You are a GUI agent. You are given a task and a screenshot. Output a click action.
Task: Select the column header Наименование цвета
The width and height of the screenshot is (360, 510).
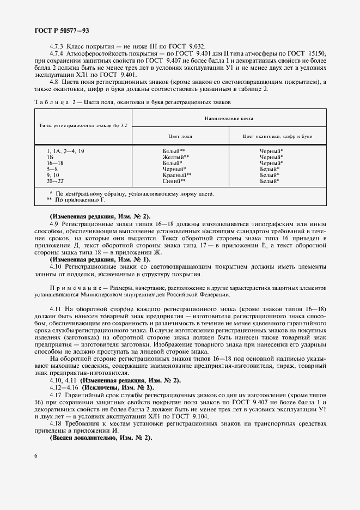click(x=229, y=118)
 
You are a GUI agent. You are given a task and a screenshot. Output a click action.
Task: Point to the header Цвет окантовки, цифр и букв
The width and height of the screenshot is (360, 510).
click(x=277, y=136)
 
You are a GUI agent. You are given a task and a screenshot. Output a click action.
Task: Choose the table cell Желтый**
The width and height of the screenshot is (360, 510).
click(x=175, y=157)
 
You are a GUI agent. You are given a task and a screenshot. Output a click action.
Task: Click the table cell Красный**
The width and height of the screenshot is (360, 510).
click(x=176, y=175)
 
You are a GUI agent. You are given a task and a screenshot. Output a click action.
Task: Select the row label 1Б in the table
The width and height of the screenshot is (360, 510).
click(x=51, y=157)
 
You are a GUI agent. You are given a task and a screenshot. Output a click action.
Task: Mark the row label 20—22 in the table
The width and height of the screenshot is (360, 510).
click(x=55, y=181)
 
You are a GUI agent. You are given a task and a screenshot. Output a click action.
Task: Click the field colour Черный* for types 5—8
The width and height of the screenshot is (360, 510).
click(x=174, y=169)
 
